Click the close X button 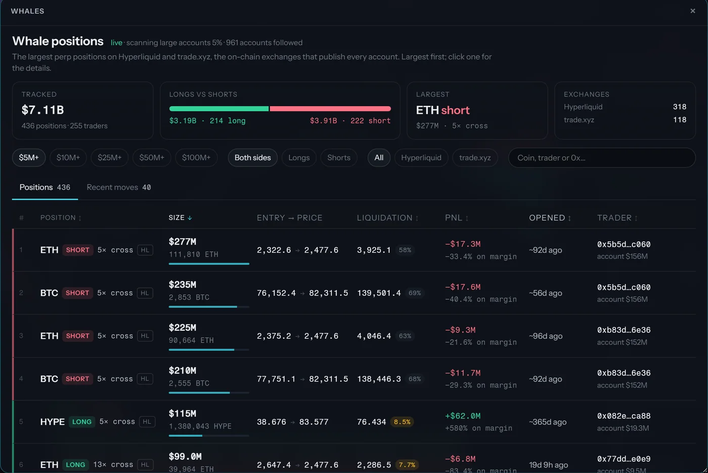[692, 11]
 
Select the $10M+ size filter [68, 158]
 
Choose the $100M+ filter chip [196, 158]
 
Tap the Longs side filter [299, 158]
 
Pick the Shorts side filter [339, 158]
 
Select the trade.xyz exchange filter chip [475, 158]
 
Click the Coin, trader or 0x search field [602, 158]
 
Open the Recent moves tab [119, 187]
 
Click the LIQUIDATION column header [387, 218]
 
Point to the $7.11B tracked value [42, 110]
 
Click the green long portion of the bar [218, 109]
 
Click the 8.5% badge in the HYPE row [402, 422]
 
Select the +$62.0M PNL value [463, 416]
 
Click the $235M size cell [183, 285]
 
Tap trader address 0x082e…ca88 [624, 416]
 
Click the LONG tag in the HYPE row [82, 422]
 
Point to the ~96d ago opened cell [546, 336]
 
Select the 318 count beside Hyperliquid [680, 107]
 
